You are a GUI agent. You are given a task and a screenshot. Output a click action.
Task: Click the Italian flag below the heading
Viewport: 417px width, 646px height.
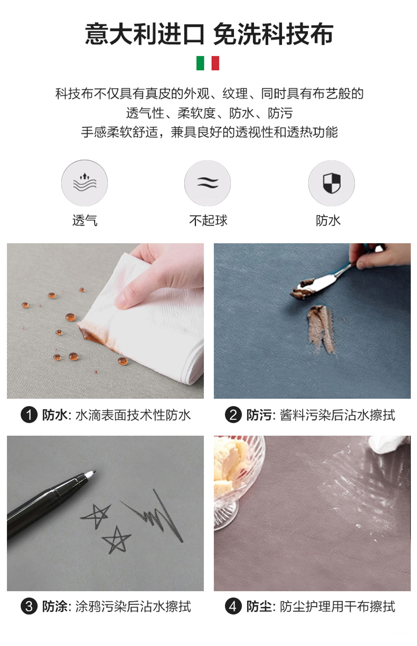click(208, 63)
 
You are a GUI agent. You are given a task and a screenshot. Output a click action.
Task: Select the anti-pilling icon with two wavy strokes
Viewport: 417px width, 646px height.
click(207, 183)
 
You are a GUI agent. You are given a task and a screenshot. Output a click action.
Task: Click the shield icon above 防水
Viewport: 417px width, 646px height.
click(331, 183)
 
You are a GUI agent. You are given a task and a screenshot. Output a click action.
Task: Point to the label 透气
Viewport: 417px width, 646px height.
click(85, 221)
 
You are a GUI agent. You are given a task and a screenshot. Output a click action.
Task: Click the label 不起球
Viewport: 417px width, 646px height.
click(208, 221)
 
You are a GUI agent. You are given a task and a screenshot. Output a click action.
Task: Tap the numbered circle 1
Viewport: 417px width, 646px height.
click(29, 415)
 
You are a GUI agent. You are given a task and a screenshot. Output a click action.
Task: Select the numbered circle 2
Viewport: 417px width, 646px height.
click(233, 415)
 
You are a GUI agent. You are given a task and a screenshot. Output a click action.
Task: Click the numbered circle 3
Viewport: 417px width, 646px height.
click(29, 606)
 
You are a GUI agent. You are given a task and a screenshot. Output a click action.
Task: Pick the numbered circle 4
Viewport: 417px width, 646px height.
click(233, 606)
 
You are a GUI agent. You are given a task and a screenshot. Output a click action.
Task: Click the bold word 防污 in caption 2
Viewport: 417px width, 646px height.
click(259, 415)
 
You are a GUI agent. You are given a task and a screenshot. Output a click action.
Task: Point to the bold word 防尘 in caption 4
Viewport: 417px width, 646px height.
click(259, 606)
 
